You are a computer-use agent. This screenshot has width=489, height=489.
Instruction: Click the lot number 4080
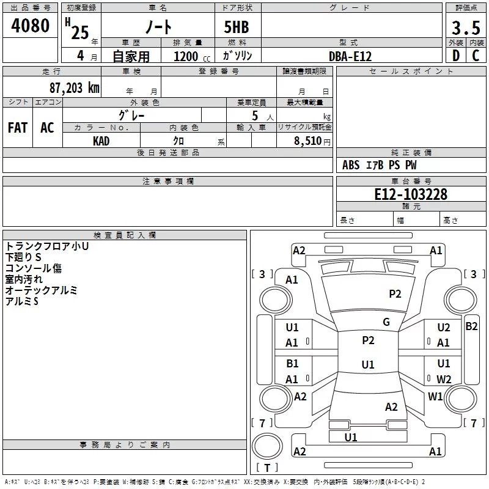pyautogui.click(x=31, y=26)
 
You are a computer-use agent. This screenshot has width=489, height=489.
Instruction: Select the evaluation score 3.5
pyautogui.click(x=466, y=28)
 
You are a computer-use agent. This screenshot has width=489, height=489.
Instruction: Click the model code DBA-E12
pyautogui.click(x=350, y=56)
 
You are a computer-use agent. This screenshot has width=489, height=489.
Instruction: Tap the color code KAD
pyautogui.click(x=101, y=141)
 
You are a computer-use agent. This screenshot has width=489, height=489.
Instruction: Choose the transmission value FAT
pyautogui.click(x=18, y=127)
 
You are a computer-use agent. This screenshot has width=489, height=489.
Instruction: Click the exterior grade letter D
pyautogui.click(x=455, y=56)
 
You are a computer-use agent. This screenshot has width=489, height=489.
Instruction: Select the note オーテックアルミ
pyautogui.click(x=41, y=290)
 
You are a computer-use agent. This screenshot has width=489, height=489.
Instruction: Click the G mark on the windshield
pyautogui.click(x=386, y=322)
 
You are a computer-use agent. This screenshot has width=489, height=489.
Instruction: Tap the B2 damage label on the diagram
pyautogui.click(x=471, y=326)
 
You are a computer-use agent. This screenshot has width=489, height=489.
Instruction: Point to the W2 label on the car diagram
pyautogui.click(x=444, y=380)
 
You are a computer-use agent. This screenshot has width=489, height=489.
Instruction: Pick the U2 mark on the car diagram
pyautogui.click(x=444, y=328)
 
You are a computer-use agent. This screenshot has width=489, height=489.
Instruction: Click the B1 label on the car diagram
pyautogui.click(x=292, y=364)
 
